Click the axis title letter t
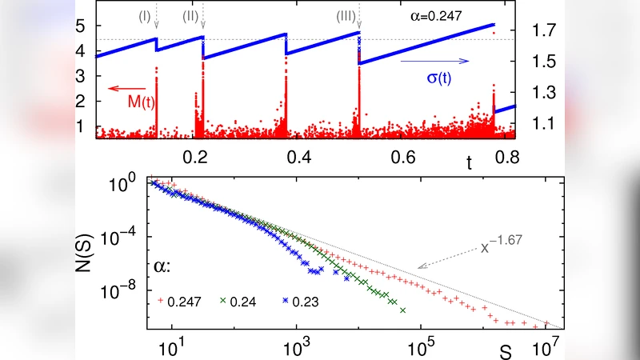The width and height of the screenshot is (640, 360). (x=469, y=163)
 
